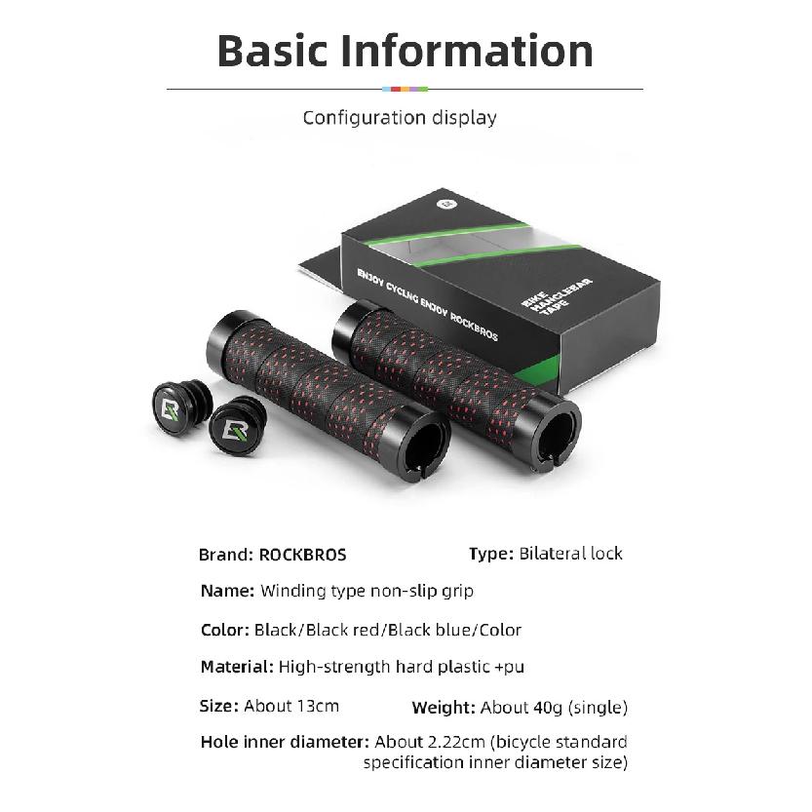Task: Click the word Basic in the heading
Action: coord(272,51)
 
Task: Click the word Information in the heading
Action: coord(467,51)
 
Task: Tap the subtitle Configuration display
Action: coord(400,118)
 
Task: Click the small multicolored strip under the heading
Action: coord(405,89)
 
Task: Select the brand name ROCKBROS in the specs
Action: coord(302,555)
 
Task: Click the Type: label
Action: coord(491,554)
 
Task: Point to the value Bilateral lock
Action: coord(570,554)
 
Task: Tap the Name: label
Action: coord(227,591)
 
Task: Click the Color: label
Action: coord(225,630)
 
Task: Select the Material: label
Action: coord(237,667)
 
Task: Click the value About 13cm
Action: coord(291,706)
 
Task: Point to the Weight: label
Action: coord(444,708)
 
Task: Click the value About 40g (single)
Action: coord(554,708)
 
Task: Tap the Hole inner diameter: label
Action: coord(285,742)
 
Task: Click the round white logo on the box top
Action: coord(445,204)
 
